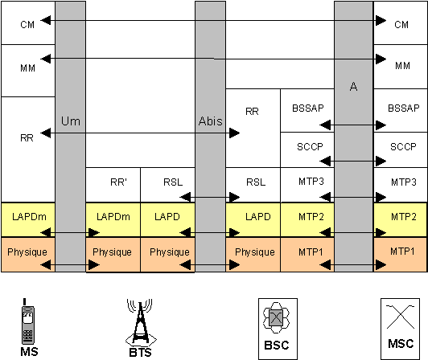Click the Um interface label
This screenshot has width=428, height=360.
tap(71, 121)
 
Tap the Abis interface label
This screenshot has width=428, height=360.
tap(211, 121)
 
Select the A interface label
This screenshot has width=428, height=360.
tap(353, 87)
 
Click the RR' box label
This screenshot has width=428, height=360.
tap(119, 182)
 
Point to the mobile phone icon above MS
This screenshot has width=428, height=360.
tap(28, 321)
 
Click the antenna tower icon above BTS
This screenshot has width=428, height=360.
tap(141, 321)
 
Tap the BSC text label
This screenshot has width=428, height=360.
tap(277, 345)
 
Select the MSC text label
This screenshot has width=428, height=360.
tap(401, 343)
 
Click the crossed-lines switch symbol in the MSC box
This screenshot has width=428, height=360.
tap(401, 317)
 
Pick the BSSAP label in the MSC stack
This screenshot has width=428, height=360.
tap(404, 108)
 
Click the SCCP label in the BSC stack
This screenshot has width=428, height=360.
tap(310, 147)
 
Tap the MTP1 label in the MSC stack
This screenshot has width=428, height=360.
tap(402, 252)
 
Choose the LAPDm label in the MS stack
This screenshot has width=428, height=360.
tap(29, 217)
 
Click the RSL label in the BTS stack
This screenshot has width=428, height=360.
tap(173, 182)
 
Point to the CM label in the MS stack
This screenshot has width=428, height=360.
tap(27, 25)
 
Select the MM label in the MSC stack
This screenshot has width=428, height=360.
tap(402, 66)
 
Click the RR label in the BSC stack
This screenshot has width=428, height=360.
tap(252, 111)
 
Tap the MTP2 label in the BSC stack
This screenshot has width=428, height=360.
tap(311, 217)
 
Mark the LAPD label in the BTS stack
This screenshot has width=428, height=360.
tap(167, 217)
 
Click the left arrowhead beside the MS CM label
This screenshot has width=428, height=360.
tap(45, 20)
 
